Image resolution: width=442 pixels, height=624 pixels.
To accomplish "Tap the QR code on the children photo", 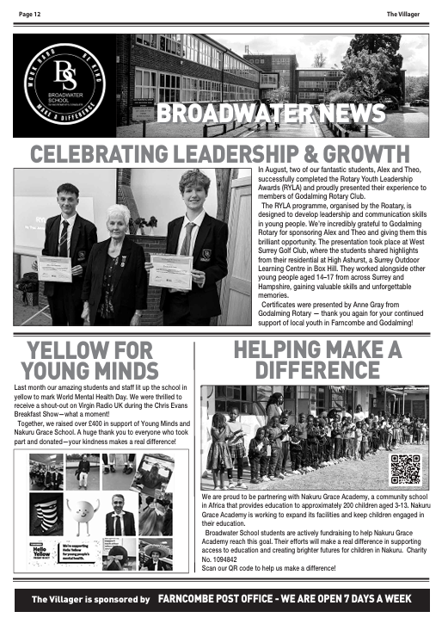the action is click(404, 469).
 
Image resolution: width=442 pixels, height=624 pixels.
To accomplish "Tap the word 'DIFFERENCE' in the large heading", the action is click(317, 371).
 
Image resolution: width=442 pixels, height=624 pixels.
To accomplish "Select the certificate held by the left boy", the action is click(54, 269).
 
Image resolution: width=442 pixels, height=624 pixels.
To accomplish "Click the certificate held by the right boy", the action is click(169, 270).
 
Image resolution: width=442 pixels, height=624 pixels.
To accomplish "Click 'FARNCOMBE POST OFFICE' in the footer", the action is click(220, 599).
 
